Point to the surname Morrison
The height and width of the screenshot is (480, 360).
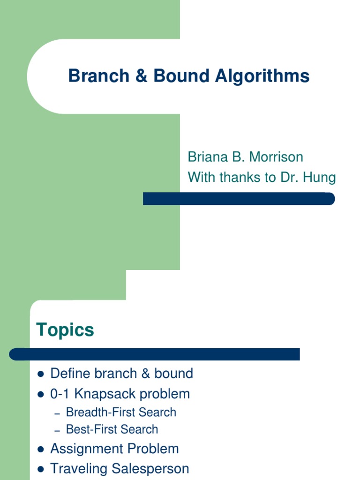tap(276, 157)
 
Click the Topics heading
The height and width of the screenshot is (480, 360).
tap(65, 330)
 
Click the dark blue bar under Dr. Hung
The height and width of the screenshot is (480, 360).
tap(239, 199)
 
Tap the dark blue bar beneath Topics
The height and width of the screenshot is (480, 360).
tap(154, 354)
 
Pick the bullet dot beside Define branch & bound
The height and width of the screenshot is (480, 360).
tap(40, 374)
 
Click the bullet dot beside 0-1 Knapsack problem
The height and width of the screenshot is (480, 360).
tap(40, 394)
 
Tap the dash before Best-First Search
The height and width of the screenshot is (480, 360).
tap(58, 430)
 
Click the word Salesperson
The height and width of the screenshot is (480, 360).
tap(156, 469)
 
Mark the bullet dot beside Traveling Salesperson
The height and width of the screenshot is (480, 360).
tap(40, 469)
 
